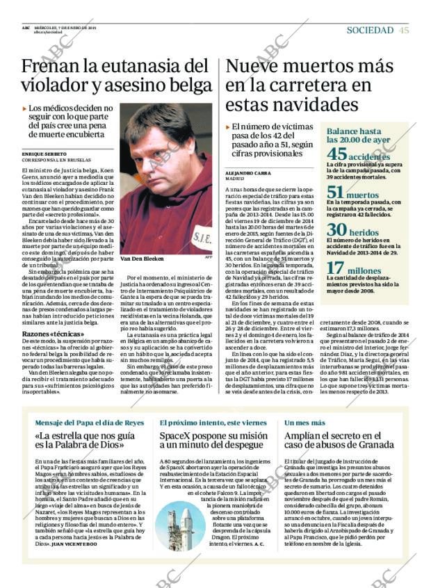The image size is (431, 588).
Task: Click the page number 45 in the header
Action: click(x=405, y=30)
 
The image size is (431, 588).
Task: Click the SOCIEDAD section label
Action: click(x=370, y=30)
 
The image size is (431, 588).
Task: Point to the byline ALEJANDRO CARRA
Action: click(x=249, y=172)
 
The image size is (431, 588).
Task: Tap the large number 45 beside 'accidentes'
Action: click(x=336, y=155)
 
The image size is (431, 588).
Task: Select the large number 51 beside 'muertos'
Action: click(x=336, y=194)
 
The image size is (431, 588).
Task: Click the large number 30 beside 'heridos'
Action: click(x=336, y=231)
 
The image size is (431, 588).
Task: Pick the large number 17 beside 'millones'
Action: click(x=336, y=268)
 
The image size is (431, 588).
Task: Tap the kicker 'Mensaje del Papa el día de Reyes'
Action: click(x=89, y=423)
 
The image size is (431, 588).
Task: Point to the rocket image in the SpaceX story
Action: click(x=180, y=525)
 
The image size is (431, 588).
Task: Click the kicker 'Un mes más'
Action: click(x=304, y=423)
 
